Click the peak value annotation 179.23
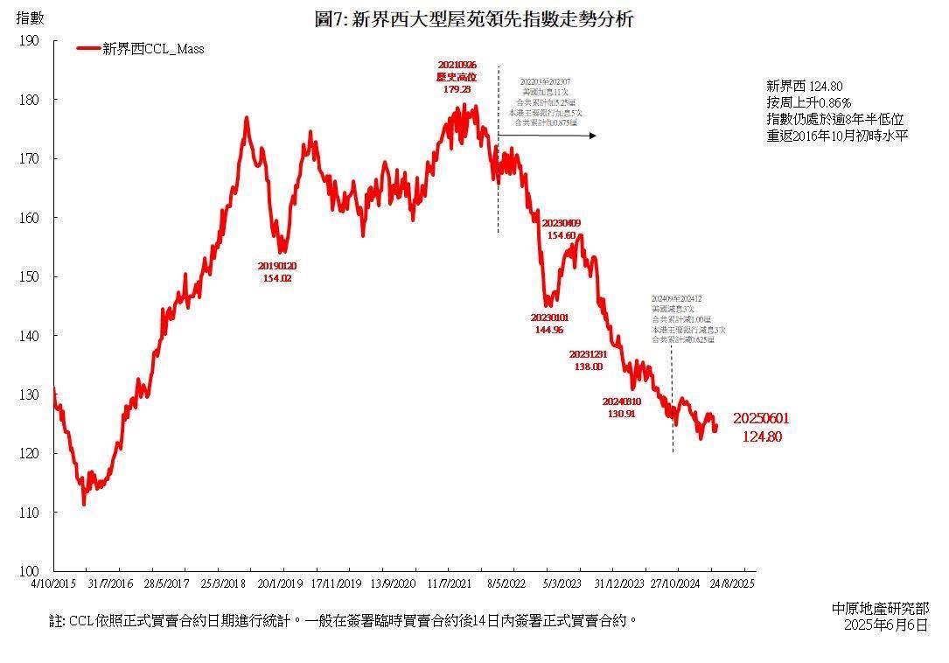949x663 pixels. [457, 89]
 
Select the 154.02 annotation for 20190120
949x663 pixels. [276, 278]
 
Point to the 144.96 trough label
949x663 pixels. [549, 330]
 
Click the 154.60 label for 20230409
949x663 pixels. [561, 235]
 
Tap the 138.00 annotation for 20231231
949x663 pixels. [587, 366]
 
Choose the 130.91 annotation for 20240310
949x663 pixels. [621, 414]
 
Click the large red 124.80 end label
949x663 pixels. [762, 436]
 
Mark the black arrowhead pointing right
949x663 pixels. [592, 136]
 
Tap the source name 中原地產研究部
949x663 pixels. [881, 608]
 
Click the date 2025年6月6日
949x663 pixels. [885, 625]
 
